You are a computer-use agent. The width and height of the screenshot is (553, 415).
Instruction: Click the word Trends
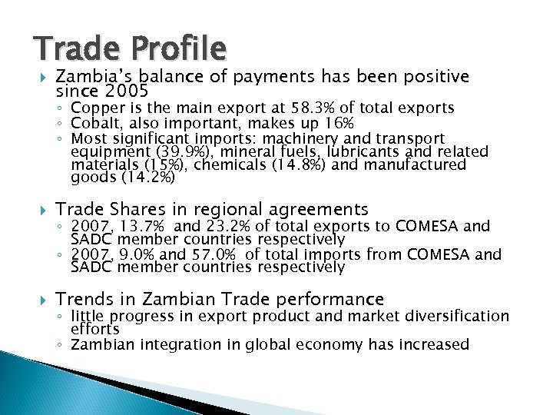83,299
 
